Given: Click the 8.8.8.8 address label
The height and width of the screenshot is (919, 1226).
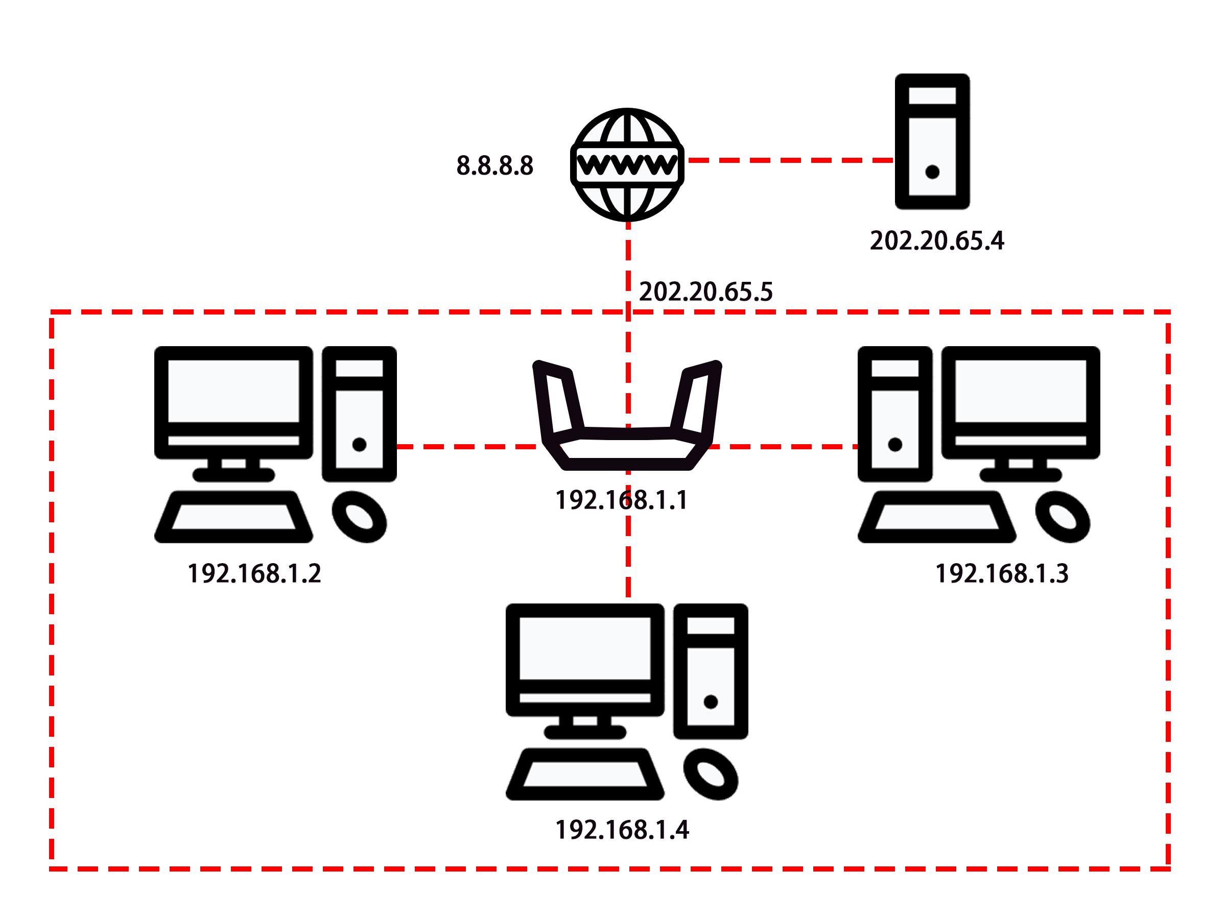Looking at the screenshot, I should point(494,165).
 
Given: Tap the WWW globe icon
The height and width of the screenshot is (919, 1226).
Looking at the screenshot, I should point(627,164).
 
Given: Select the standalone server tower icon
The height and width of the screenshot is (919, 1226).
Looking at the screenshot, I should point(932,142).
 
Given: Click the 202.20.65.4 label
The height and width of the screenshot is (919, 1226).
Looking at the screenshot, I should point(937,241).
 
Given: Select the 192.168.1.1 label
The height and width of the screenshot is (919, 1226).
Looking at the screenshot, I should point(621,500).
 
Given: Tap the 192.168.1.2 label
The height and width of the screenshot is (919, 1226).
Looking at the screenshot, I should point(254,573).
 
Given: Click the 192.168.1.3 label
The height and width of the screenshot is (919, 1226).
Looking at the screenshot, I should point(1002,573).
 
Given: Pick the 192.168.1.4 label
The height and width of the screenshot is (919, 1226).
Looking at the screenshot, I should point(622,830).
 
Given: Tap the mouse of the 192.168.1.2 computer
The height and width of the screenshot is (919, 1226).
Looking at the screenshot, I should point(359,516).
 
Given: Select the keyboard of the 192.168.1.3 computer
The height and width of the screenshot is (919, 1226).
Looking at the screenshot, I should point(937,517).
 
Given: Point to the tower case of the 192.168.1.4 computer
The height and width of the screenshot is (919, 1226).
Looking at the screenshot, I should point(711,671).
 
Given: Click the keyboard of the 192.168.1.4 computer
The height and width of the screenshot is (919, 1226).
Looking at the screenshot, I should point(585,774).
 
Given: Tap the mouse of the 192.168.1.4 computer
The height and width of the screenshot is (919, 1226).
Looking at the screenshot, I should point(711,774).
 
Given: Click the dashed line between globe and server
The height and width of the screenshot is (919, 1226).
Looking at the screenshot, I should point(790,160).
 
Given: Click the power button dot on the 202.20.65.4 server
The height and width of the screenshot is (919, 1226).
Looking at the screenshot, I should point(932,172).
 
